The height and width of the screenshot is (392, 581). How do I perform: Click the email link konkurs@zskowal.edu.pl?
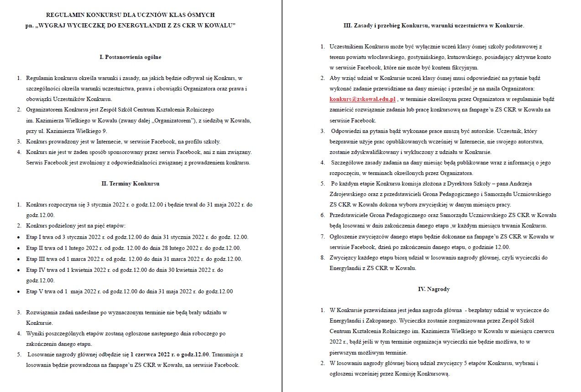point(362,99)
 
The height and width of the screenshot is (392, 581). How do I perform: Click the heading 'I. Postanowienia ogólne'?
point(131,57)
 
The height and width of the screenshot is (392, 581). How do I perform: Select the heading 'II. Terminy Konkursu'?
point(131,184)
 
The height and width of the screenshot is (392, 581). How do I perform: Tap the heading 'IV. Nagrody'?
point(427,289)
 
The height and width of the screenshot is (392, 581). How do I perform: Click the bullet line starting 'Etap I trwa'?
point(137,237)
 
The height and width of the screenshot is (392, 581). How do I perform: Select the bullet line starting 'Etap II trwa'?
point(133,248)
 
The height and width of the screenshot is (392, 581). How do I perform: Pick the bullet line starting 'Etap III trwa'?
point(134,259)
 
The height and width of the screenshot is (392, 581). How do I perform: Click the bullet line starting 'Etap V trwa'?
point(129,291)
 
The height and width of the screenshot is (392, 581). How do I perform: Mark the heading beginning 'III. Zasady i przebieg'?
point(434,26)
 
